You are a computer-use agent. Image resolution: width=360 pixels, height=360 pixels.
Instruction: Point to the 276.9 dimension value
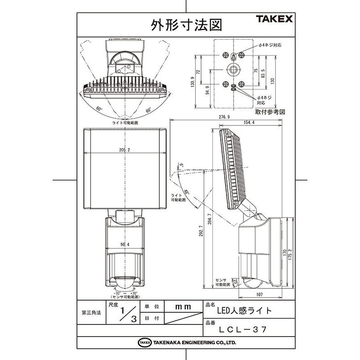coord(224,117)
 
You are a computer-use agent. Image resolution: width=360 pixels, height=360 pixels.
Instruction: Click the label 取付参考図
coord(270,111)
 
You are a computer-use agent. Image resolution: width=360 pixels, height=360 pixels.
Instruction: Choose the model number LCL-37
coord(243,329)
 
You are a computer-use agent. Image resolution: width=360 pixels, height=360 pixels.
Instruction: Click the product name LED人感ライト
coord(244,310)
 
